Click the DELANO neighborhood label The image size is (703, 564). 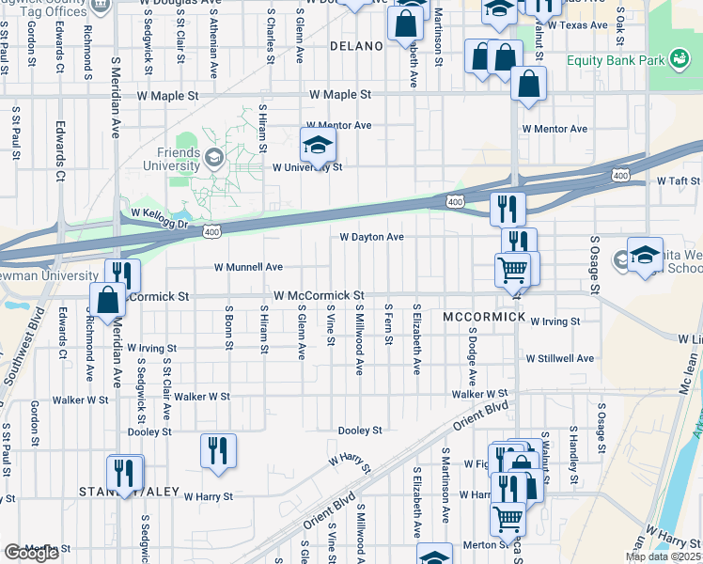click(356, 45)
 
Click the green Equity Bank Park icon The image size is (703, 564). click(677, 61)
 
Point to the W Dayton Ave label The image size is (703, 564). click(371, 238)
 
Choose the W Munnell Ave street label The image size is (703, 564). click(248, 267)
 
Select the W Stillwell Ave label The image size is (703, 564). click(559, 358)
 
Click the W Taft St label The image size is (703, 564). click(678, 180)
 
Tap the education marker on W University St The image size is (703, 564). click(318, 146)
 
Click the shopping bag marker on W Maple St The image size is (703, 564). click(529, 85)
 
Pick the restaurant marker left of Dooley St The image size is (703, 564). click(218, 450)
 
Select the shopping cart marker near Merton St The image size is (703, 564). click(508, 518)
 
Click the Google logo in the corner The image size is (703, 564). click(31, 553)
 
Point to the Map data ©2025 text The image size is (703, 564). click(664, 556)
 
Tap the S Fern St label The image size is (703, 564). click(387, 325)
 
